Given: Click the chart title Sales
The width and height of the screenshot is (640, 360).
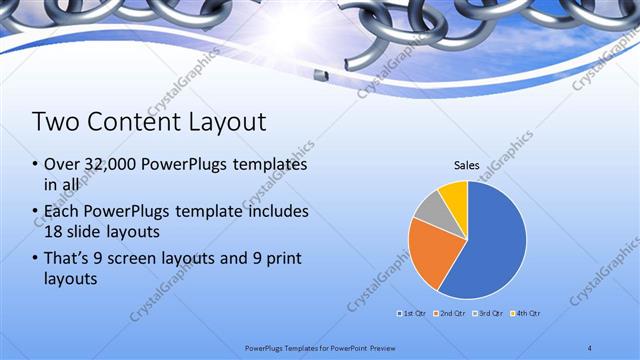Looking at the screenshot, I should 467,164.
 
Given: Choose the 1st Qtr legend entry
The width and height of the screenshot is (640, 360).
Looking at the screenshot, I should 413,314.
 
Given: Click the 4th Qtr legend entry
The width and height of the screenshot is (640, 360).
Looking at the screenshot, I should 528,314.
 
